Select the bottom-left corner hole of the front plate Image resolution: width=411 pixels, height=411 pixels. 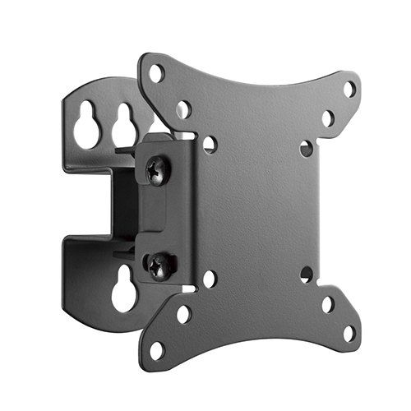pos(156,349)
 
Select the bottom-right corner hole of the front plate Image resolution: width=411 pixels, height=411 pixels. pos(349,333)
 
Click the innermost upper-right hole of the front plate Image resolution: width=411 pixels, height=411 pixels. pos(307,149)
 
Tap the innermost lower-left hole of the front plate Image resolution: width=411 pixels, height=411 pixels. pos(210,279)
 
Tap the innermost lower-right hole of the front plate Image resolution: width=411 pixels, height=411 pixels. pos(307,274)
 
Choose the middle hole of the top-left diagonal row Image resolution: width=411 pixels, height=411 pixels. pos(183,109)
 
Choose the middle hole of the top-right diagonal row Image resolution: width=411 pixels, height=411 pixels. pos(328,118)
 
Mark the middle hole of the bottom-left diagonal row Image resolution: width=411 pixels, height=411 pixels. pos(183,314)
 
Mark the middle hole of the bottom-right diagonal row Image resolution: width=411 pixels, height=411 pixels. pos(328,304)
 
